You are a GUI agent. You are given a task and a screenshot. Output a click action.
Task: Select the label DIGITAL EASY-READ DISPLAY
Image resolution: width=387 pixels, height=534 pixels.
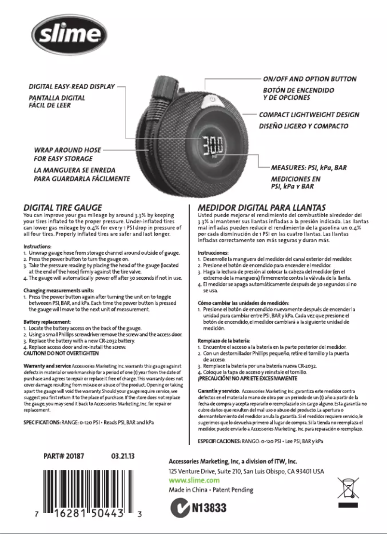72,87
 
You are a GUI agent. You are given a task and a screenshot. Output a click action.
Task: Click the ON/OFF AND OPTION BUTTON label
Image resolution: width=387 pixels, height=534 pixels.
310,79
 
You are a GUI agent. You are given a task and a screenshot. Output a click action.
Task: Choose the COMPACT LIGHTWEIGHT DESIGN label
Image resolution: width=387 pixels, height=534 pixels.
309,115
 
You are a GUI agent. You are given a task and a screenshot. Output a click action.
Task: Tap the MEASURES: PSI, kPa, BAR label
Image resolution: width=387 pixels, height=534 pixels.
309,168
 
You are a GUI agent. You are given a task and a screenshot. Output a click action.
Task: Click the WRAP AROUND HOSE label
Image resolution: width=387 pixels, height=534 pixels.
61,150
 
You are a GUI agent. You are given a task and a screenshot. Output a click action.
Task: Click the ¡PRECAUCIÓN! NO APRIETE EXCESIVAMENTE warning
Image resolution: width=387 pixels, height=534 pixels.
248,379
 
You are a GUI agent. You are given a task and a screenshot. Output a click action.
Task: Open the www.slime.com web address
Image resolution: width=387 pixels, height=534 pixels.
194,480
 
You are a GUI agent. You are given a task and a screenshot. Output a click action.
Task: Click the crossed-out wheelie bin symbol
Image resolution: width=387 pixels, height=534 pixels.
348,488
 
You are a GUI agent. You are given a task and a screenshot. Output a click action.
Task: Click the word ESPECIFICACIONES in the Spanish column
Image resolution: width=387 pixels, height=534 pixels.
220,441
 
